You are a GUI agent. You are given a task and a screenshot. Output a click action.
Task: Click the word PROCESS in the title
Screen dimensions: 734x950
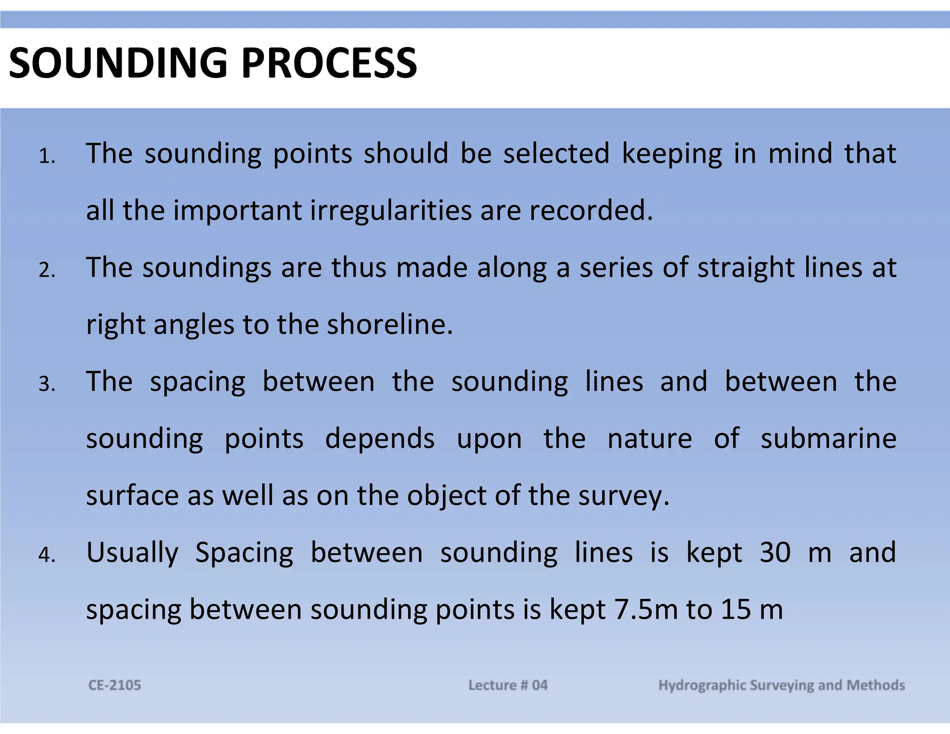point(329,63)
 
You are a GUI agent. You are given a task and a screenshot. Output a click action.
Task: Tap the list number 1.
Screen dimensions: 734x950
point(46,156)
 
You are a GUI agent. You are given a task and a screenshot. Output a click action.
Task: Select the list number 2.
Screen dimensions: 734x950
point(46,270)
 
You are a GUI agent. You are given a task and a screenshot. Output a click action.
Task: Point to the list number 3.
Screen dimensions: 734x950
point(46,384)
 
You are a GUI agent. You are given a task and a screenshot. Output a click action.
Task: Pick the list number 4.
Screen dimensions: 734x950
point(46,555)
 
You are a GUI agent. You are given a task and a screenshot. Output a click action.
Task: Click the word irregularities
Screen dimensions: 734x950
point(391,211)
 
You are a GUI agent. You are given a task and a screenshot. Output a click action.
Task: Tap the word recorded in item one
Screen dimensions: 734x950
point(591,211)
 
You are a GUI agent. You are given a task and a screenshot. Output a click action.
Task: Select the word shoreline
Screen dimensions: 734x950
point(390,324)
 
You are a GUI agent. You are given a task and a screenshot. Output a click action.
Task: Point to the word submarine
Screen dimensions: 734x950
point(828,438)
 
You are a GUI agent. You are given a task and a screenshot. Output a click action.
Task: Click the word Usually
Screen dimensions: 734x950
point(132,553)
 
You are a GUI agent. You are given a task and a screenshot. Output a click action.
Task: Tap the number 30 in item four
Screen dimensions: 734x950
point(775,552)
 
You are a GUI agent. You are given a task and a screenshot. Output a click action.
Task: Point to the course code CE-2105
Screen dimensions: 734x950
point(115,685)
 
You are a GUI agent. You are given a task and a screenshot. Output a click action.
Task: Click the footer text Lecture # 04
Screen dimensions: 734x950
point(507,685)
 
